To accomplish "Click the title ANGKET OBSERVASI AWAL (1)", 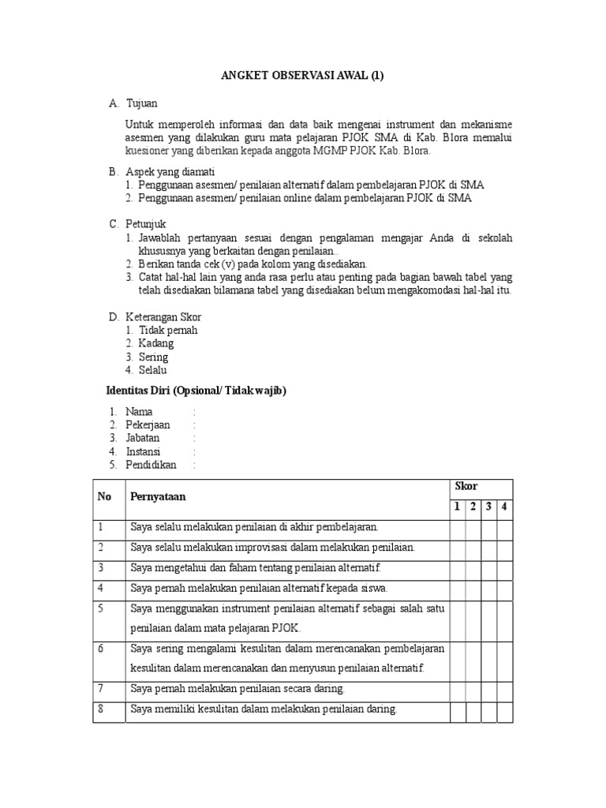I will [x=303, y=76].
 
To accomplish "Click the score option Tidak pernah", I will [x=168, y=330].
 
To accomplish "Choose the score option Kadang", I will [x=156, y=343].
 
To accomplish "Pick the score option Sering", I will [x=154, y=357].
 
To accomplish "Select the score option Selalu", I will [x=153, y=370].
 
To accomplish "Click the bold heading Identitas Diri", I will [x=196, y=391].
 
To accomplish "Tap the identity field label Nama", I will [x=140, y=411].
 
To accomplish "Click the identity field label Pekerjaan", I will [x=148, y=425].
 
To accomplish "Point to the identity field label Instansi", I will [x=144, y=451].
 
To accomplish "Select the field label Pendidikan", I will [x=151, y=465].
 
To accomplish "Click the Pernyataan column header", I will [x=159, y=497].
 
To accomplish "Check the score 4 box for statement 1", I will [x=503, y=526].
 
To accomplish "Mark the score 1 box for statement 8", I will [x=457, y=709].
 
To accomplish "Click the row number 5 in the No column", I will [x=101, y=608].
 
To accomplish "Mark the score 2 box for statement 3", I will [x=473, y=567].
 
